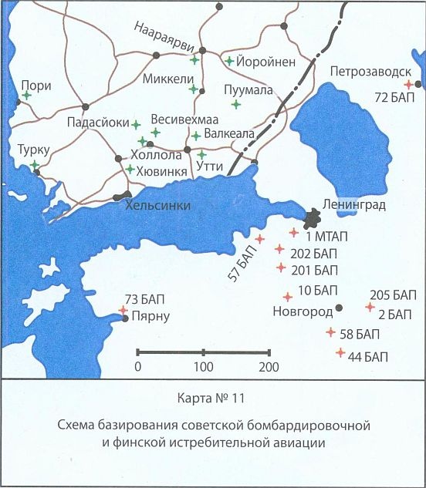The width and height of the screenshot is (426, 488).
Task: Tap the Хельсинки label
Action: coord(157,205)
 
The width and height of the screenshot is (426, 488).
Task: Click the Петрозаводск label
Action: coord(370,72)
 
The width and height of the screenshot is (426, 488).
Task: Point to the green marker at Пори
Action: coord(26,96)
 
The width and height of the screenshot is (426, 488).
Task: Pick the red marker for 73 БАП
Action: coord(123,310)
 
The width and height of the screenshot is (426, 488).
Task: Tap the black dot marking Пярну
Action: coord(126,318)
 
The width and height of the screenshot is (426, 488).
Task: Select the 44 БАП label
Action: coord(367,356)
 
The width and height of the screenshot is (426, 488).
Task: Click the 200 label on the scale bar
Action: coord(269,367)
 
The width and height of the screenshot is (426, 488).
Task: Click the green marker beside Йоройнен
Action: coord(229,60)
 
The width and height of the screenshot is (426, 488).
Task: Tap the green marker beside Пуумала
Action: coord(236,103)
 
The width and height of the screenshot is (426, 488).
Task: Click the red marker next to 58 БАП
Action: coord(331,332)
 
